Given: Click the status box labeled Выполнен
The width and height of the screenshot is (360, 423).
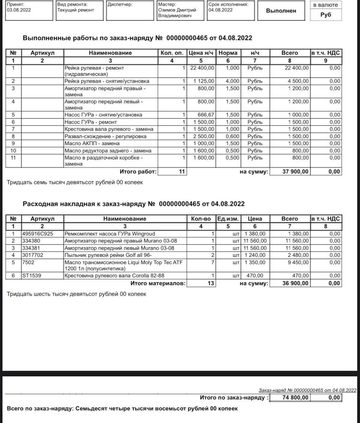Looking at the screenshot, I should tap(281, 11).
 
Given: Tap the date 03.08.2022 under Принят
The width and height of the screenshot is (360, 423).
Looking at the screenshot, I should tap(19, 10).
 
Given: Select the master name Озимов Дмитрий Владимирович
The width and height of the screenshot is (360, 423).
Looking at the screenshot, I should tap(177, 13).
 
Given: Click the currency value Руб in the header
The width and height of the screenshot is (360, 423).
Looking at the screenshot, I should tap(326, 15).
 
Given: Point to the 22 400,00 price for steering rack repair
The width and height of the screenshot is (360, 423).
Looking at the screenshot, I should tap(202, 68).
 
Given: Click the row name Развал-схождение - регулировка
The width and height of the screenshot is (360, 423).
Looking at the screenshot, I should tap(105, 136).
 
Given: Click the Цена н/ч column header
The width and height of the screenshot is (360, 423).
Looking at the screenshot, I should tap(202, 53).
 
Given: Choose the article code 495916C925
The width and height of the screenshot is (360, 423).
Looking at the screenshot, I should tap(37, 233).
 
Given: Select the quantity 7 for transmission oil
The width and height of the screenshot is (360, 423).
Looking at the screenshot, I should tap(212, 262).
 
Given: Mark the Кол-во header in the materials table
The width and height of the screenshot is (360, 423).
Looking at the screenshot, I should tap(201, 218).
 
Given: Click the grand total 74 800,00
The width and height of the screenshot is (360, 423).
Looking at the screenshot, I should tap(295, 397).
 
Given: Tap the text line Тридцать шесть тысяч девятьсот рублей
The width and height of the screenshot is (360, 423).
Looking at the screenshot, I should tap(76, 294).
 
